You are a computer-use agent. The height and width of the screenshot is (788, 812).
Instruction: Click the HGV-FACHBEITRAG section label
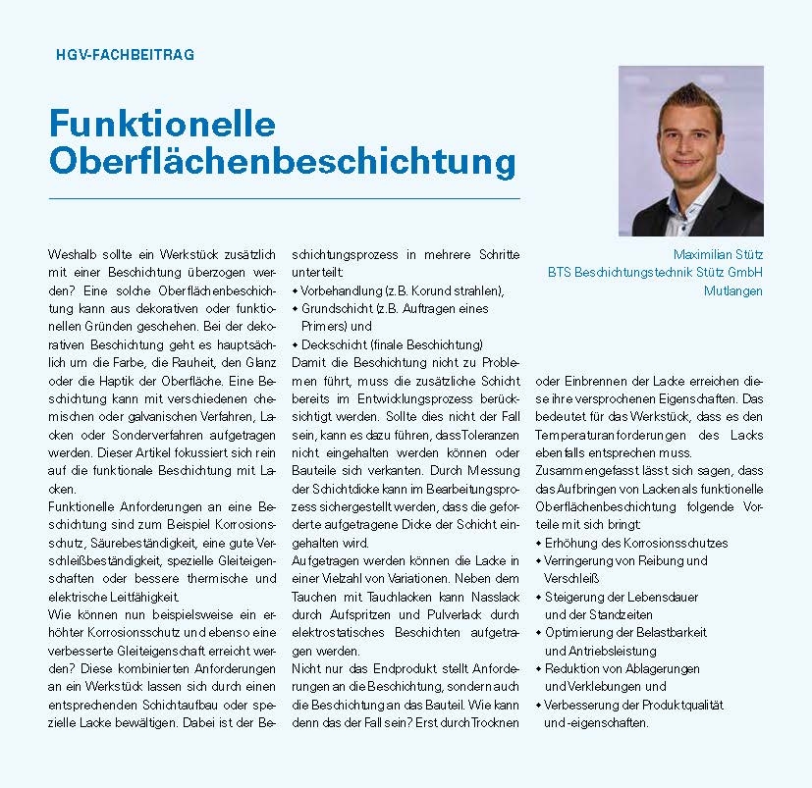pyautogui.click(x=125, y=55)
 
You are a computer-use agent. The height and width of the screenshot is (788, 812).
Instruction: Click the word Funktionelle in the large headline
pyautogui.click(x=162, y=124)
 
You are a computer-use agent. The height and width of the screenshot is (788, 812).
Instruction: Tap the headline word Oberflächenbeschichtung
pyautogui.click(x=282, y=162)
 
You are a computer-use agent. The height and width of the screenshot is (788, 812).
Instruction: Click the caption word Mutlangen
pyautogui.click(x=733, y=290)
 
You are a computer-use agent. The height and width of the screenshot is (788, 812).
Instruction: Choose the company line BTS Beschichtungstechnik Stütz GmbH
pyautogui.click(x=655, y=273)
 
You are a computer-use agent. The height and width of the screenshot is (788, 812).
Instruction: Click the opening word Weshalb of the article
pyautogui.click(x=73, y=254)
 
